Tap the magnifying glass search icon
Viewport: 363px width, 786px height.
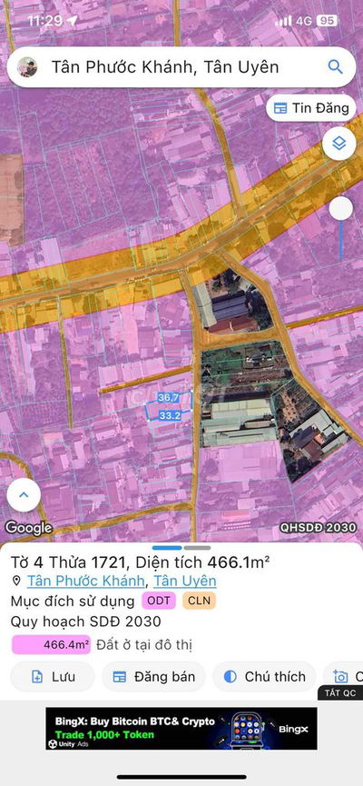pyautogui.click(x=335, y=67)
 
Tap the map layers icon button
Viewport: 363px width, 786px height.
pyautogui.click(x=338, y=144)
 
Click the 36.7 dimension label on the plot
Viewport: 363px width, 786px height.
pyautogui.click(x=168, y=398)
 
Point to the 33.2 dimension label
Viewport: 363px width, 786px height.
pyautogui.click(x=170, y=415)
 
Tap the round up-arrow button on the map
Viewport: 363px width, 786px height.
pyautogui.click(x=24, y=495)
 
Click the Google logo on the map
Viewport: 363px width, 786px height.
pyautogui.click(x=28, y=528)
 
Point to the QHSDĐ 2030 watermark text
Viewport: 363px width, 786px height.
pyautogui.click(x=318, y=527)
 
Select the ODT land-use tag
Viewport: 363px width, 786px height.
pyautogui.click(x=159, y=602)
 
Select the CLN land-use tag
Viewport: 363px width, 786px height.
pyautogui.click(x=199, y=602)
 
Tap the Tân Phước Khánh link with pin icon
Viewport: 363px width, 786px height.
pyautogui.click(x=85, y=582)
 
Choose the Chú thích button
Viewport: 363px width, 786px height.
pyautogui.click(x=263, y=676)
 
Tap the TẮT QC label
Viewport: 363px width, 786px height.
pyautogui.click(x=340, y=693)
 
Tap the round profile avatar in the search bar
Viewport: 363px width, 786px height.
pyautogui.click(x=28, y=67)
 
